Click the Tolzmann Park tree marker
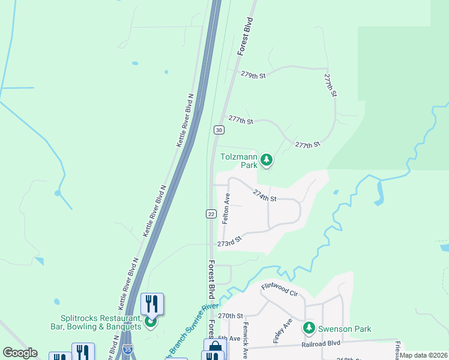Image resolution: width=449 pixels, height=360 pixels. tap(267, 160)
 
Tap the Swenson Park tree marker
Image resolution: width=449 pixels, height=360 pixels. tap(309, 328)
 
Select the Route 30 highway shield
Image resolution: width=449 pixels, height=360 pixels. tap(218, 130)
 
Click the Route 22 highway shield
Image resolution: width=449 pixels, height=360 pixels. tap(211, 214)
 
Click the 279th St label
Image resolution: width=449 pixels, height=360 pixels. tap(253, 75)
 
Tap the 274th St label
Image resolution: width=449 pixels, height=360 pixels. tap(265, 195)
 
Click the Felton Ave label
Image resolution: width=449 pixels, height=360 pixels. tap(226, 208)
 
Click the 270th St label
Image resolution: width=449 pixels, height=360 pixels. tap(231, 316)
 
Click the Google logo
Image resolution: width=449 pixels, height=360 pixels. tap(20, 352)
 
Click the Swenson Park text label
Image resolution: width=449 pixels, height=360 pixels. tap(345, 329)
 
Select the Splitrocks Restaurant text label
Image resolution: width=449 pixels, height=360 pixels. tap(101, 322)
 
